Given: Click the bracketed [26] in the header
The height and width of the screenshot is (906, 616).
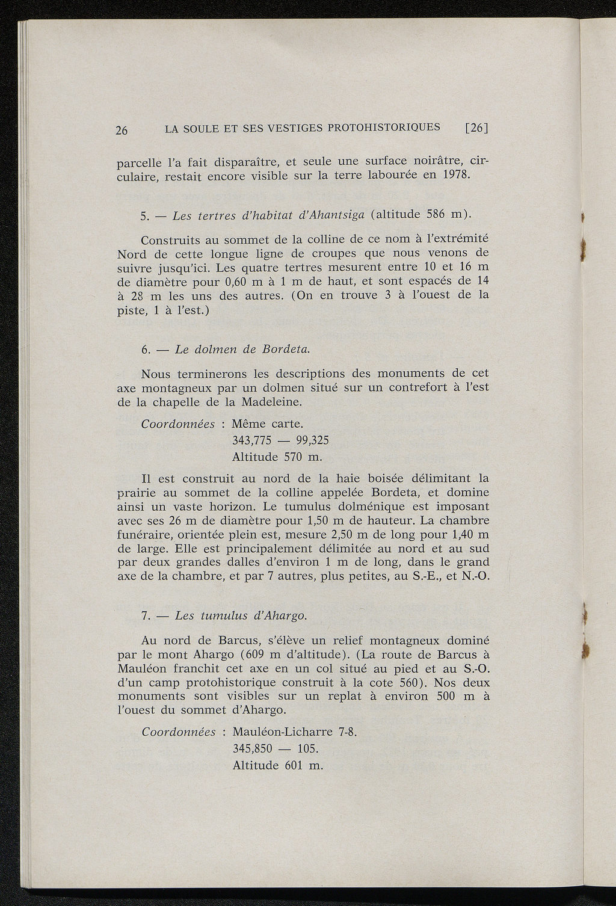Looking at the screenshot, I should [x=476, y=128].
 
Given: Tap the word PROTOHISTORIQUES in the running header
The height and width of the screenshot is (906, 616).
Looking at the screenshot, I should [x=387, y=128].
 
